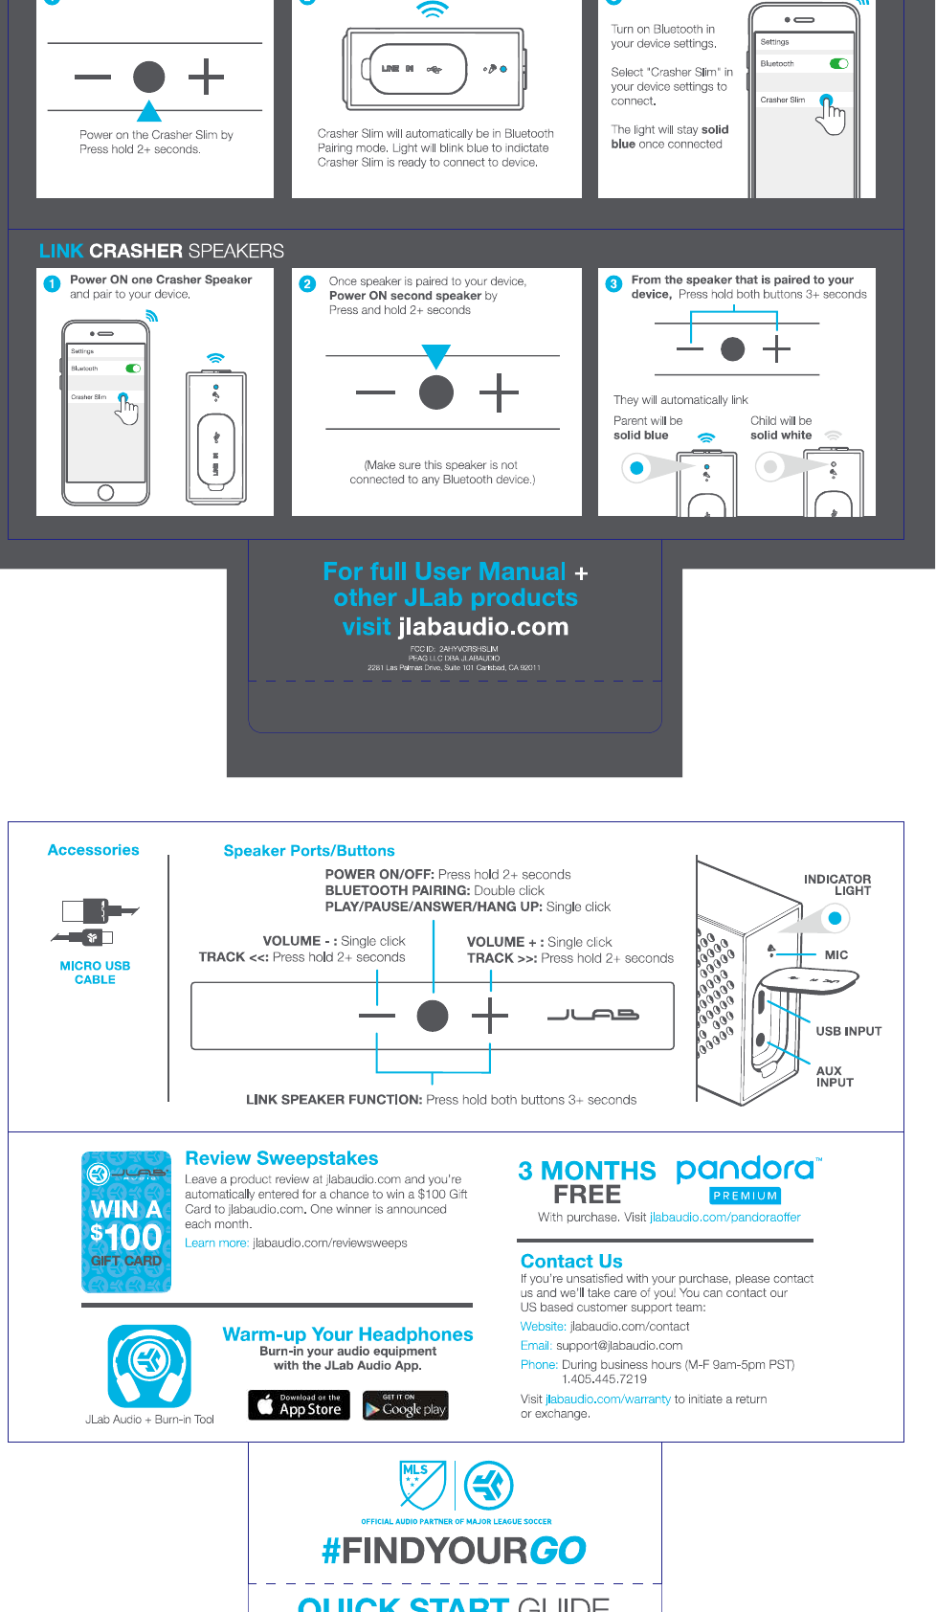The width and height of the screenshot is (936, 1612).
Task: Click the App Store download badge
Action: tap(300, 1404)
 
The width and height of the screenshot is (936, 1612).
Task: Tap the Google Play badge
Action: tap(406, 1405)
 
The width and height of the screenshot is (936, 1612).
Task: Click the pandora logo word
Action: tap(746, 1169)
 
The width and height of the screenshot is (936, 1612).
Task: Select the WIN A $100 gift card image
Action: tap(126, 1221)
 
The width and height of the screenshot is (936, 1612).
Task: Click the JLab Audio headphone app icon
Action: tap(149, 1366)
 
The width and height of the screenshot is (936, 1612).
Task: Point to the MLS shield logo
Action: tap(422, 1485)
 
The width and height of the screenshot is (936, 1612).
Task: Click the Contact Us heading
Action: tap(571, 1261)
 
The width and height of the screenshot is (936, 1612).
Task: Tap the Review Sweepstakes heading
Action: tap(281, 1158)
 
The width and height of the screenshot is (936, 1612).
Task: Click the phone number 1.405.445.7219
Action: tap(604, 1379)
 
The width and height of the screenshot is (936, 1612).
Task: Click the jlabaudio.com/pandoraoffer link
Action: tap(724, 1218)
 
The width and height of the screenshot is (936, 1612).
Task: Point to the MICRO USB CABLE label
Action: tap(95, 973)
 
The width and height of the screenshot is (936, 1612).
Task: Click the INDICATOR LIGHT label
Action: tap(837, 884)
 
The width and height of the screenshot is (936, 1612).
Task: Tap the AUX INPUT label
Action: tap(834, 1077)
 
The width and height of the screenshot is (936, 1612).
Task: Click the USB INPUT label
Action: tap(848, 1031)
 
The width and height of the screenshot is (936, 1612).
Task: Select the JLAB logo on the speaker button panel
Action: tap(592, 1015)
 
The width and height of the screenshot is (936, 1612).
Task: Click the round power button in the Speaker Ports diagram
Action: tap(433, 1015)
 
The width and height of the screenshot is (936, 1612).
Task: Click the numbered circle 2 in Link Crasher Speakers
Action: tap(307, 284)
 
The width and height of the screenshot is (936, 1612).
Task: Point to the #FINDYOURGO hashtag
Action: tap(454, 1550)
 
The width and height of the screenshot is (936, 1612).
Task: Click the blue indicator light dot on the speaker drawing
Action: tap(835, 919)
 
